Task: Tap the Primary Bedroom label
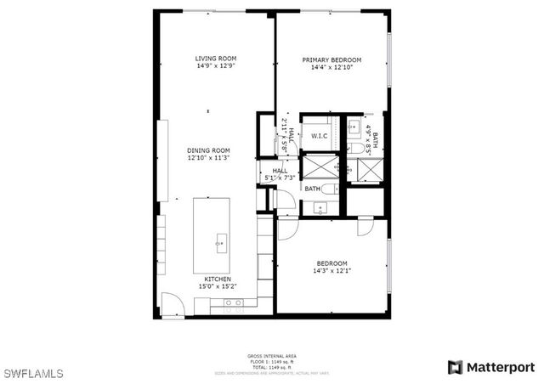(x=332, y=59)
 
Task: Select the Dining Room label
(x=208, y=150)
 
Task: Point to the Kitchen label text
(x=218, y=280)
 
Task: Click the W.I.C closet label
(x=320, y=136)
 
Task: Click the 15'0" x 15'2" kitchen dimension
(x=218, y=287)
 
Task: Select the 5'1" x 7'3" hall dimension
(x=279, y=178)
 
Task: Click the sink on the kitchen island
(x=221, y=240)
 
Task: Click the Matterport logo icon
(x=456, y=367)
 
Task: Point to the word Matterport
(x=501, y=367)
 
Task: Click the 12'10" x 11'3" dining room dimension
(x=208, y=158)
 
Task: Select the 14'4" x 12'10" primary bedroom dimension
(x=332, y=67)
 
